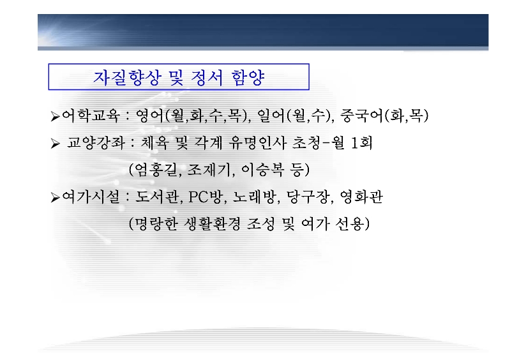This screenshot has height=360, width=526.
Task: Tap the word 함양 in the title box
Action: (248, 77)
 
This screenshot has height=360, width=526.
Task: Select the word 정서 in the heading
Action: (207, 77)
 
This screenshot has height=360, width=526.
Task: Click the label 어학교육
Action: (91, 116)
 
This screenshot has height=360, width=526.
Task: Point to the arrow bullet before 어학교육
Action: (55, 116)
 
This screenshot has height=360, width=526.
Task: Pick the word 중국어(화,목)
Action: (384, 116)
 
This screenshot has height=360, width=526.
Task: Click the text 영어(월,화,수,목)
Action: (193, 116)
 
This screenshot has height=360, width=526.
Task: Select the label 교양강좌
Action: (96, 143)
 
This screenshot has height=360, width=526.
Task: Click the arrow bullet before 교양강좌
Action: (55, 144)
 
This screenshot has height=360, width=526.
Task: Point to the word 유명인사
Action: (257, 143)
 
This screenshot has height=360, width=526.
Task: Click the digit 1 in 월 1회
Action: (354, 143)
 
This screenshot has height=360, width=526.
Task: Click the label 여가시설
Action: (91, 197)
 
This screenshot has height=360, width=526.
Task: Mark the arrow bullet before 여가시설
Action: (55, 198)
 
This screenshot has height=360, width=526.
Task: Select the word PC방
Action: (206, 197)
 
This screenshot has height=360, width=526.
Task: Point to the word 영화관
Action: (361, 197)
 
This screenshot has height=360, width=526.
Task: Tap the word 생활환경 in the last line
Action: (213, 224)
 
